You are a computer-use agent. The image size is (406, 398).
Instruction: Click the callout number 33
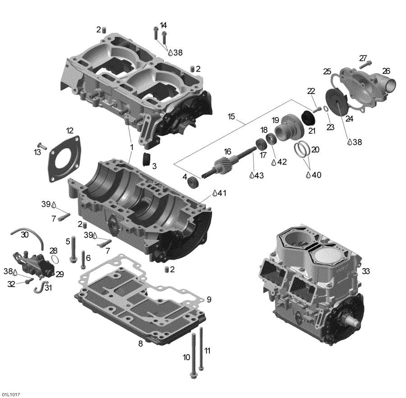(x=365, y=271)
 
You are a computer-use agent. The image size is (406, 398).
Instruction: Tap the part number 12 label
(x=69, y=131)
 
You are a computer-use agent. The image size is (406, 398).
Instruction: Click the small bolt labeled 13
(x=42, y=146)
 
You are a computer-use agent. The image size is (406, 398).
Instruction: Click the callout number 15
(x=231, y=117)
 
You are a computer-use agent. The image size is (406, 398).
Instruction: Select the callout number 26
(x=386, y=71)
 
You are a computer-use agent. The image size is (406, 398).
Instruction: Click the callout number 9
(x=208, y=300)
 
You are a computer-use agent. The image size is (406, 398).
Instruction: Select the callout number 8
(x=140, y=344)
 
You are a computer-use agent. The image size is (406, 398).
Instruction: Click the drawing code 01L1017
(x=10, y=395)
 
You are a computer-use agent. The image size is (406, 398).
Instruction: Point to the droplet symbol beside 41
(x=215, y=193)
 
